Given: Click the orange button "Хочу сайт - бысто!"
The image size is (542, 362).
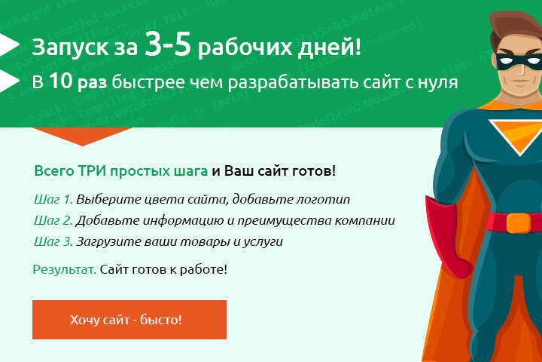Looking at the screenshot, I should (x=129, y=320).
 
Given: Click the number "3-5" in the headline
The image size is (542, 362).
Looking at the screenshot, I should (x=170, y=46).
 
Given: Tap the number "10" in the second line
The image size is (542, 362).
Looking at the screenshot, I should (x=62, y=81).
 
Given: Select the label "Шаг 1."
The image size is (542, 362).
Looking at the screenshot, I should (x=53, y=200).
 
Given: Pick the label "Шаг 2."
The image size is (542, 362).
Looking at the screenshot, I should (x=53, y=221).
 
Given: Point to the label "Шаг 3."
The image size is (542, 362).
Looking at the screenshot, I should (x=53, y=242).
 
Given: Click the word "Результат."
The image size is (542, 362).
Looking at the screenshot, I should (x=64, y=269).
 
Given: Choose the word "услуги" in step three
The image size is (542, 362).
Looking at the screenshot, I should (x=263, y=242).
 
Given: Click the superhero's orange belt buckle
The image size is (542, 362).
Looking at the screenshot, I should (x=519, y=222).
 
